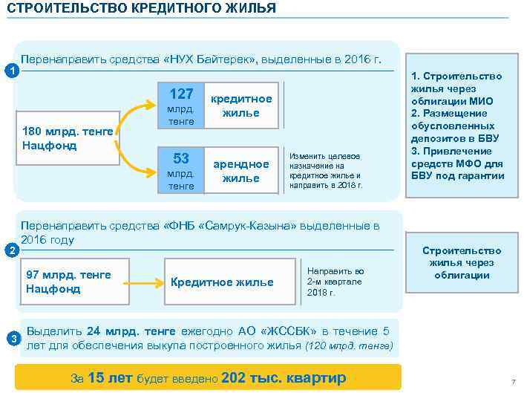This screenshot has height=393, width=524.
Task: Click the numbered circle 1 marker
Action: tap(9, 71)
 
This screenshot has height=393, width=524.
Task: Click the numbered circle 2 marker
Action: tap(9, 250)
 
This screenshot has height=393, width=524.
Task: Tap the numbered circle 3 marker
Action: tap(10, 340)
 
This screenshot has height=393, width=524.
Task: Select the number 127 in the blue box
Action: tap(181, 94)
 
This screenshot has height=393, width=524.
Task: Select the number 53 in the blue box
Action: tap(181, 158)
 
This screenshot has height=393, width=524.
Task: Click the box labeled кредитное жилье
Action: tap(241, 105)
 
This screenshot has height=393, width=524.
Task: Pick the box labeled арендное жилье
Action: tap(241, 171)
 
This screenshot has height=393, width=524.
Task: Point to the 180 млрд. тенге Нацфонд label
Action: tap(68, 138)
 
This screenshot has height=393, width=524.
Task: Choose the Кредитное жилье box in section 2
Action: tap(222, 282)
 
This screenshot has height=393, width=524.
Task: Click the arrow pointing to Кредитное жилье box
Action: tap(146, 282)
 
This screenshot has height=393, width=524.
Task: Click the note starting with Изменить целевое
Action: tap(325, 170)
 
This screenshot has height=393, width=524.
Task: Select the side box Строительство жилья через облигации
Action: tap(462, 263)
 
